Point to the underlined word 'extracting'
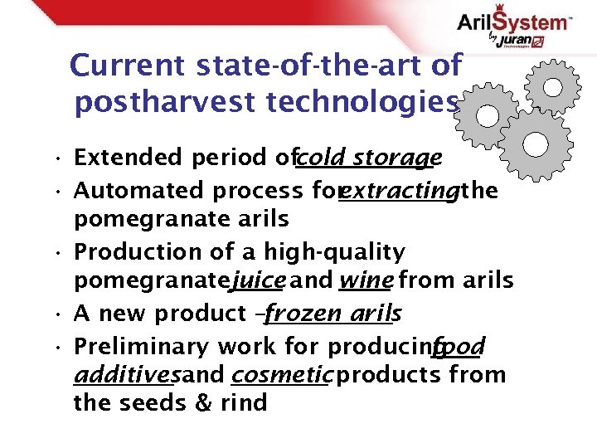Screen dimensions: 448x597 [x=400, y=191]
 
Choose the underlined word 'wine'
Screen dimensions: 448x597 [x=365, y=281]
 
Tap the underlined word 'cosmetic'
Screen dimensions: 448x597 [x=283, y=375]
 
